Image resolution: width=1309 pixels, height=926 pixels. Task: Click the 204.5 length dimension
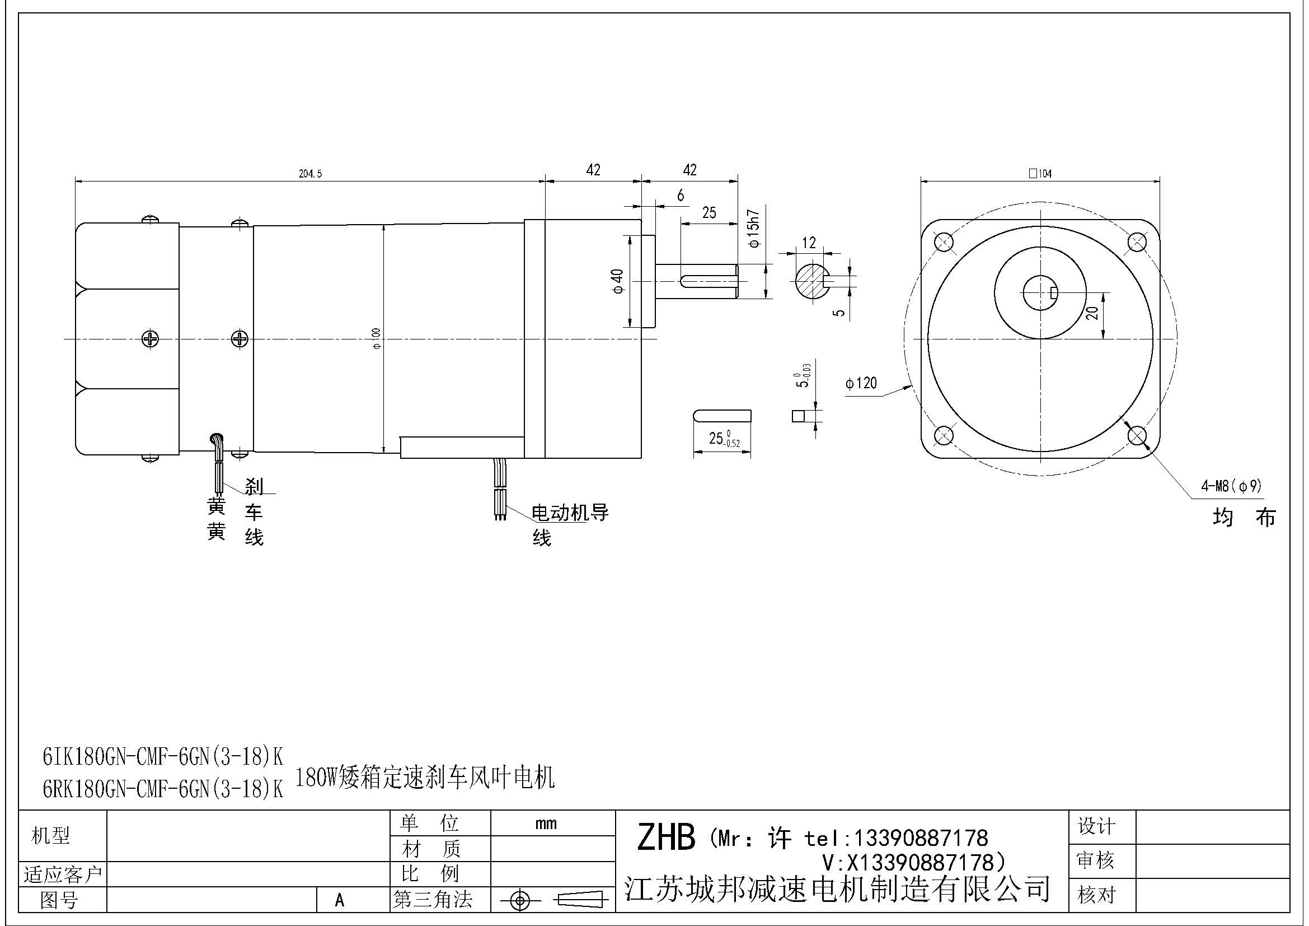click(x=310, y=174)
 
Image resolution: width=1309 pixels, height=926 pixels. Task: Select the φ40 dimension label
click(x=618, y=281)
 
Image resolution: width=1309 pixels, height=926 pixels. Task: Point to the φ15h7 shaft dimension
click(x=755, y=229)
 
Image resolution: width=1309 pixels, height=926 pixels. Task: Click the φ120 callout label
click(x=861, y=383)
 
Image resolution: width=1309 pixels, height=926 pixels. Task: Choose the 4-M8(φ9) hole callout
click(x=1231, y=486)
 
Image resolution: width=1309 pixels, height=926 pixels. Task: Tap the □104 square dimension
click(x=1040, y=174)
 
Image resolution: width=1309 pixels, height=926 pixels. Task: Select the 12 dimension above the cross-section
click(x=809, y=243)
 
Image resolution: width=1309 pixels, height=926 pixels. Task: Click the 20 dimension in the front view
click(x=1092, y=313)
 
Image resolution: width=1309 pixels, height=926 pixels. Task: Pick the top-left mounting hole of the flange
click(x=944, y=242)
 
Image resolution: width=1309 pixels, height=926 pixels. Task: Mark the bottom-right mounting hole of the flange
click(x=1137, y=436)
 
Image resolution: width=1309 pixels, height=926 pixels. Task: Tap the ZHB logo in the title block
click(x=665, y=837)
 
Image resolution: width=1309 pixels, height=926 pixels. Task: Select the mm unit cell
click(x=546, y=823)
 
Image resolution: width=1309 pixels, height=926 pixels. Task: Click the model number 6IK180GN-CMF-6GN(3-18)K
click(x=163, y=757)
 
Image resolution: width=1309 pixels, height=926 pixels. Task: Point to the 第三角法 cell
click(x=433, y=900)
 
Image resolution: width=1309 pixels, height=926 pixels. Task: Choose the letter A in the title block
click(x=340, y=900)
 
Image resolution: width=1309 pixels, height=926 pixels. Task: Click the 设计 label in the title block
click(x=1096, y=826)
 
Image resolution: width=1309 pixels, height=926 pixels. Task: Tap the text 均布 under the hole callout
click(x=1244, y=518)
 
